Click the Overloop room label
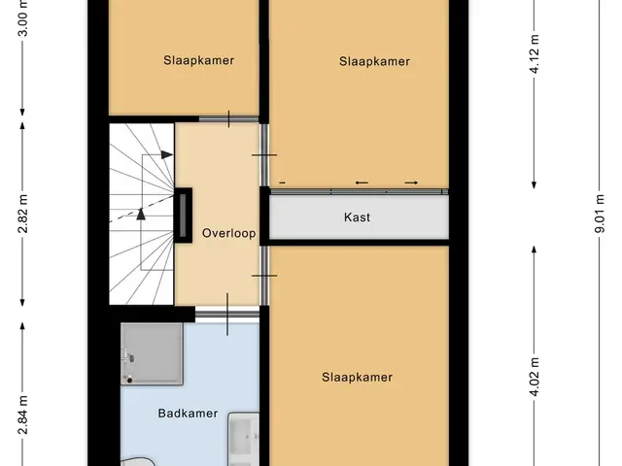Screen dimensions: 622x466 [229, 233]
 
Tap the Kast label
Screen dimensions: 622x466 [357, 217]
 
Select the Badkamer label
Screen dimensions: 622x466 [188, 414]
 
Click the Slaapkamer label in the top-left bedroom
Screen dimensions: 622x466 [198, 60]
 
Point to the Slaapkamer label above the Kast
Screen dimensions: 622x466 [374, 61]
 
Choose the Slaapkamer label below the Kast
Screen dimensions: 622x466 [357, 377]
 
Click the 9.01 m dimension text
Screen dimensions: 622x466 [600, 214]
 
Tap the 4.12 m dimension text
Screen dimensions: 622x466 [535, 54]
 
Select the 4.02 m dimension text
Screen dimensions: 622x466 [535, 377]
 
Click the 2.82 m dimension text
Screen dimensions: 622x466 [23, 214]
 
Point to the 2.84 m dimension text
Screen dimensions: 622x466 [23, 415]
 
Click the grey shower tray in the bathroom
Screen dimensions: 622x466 [152, 353]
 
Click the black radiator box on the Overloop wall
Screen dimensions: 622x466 [183, 216]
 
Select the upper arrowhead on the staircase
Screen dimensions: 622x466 [167, 155]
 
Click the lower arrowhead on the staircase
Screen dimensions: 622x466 [141, 214]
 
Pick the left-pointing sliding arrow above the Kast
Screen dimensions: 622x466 [362, 183]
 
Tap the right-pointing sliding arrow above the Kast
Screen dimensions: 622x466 [411, 183]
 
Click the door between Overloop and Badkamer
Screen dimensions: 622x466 [227, 315]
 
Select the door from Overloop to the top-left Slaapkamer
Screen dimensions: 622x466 [229, 118]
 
